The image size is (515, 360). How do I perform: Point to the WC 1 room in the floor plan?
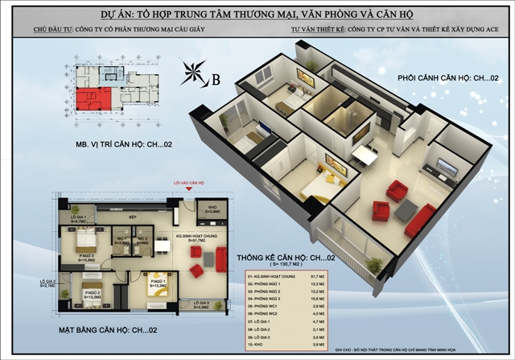pos(121,239)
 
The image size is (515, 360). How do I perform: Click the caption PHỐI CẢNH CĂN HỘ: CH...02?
pos(446,79)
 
